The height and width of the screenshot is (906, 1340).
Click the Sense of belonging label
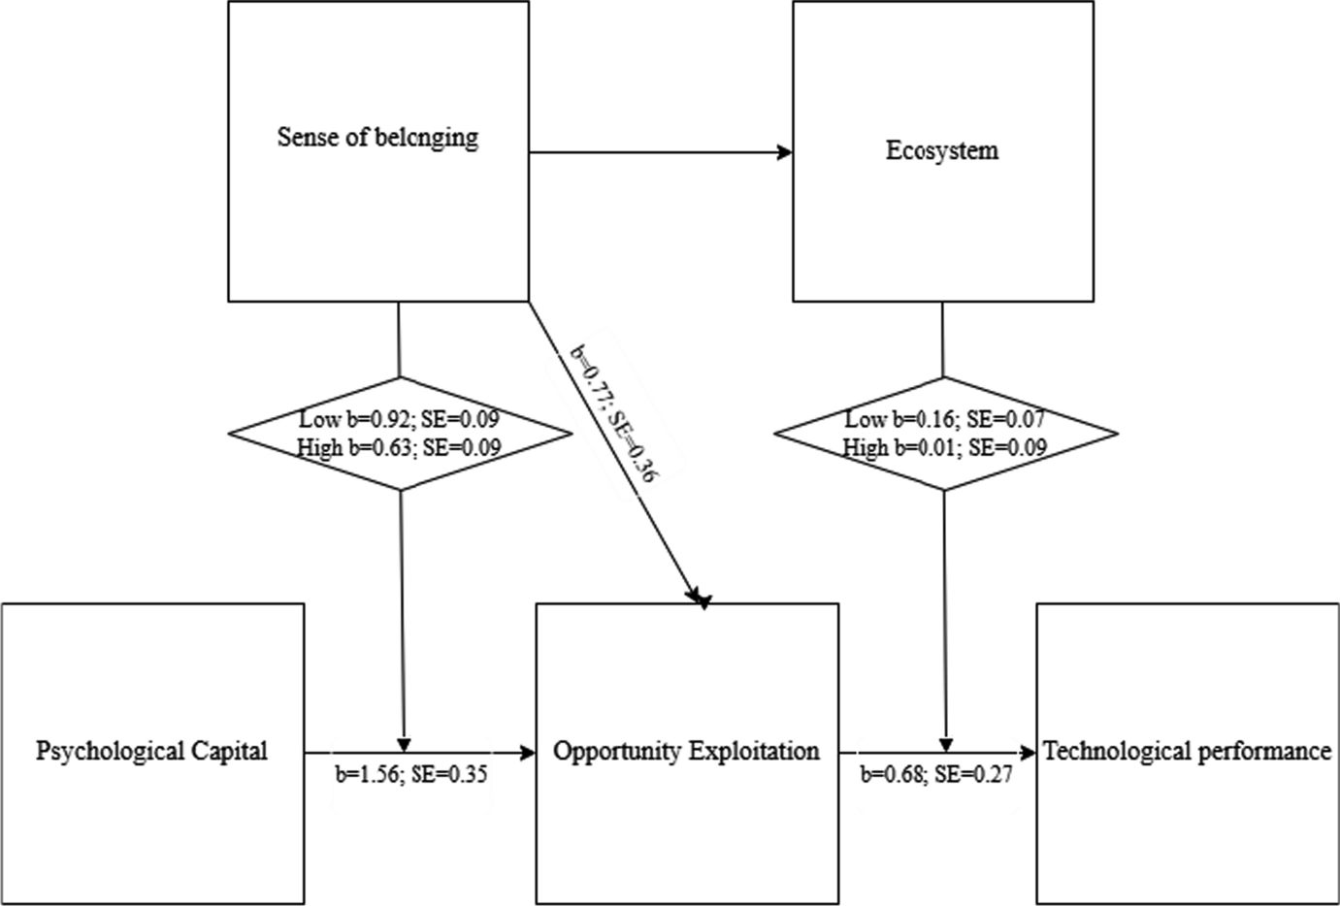tap(377, 137)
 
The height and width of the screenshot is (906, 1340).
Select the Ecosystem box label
tap(942, 151)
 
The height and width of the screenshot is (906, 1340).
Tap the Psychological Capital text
tap(151, 751)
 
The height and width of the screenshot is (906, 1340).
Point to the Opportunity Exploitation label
tap(686, 751)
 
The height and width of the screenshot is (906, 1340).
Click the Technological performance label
tap(1186, 751)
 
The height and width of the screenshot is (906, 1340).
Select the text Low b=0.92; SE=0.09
tap(401, 420)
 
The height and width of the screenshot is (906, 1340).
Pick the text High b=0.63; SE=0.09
tap(401, 447)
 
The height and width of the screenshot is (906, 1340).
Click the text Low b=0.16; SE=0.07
tap(944, 420)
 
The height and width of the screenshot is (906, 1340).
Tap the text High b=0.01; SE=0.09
tap(944, 447)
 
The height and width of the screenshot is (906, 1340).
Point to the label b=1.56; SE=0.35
tap(411, 775)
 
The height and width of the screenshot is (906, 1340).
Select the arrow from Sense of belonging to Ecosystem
tap(660, 152)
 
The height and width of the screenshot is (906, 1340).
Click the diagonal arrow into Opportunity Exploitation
tap(621, 466)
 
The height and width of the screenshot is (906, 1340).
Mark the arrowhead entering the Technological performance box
tap(1028, 752)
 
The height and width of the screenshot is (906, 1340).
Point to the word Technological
tap(1105, 751)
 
